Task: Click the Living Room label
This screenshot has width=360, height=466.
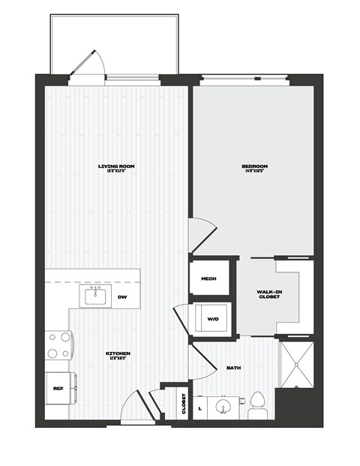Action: [115, 166]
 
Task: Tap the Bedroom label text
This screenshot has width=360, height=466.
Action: [254, 166]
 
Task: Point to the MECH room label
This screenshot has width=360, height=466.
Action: [208, 279]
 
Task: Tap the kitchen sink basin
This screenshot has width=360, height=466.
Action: [96, 298]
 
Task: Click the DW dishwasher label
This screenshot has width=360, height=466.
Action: [122, 298]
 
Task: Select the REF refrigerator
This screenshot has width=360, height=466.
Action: [58, 388]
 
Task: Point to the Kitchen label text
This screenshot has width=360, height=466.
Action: [118, 353]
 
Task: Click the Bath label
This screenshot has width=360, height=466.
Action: [232, 368]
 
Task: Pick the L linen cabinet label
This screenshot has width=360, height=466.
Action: [200, 409]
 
